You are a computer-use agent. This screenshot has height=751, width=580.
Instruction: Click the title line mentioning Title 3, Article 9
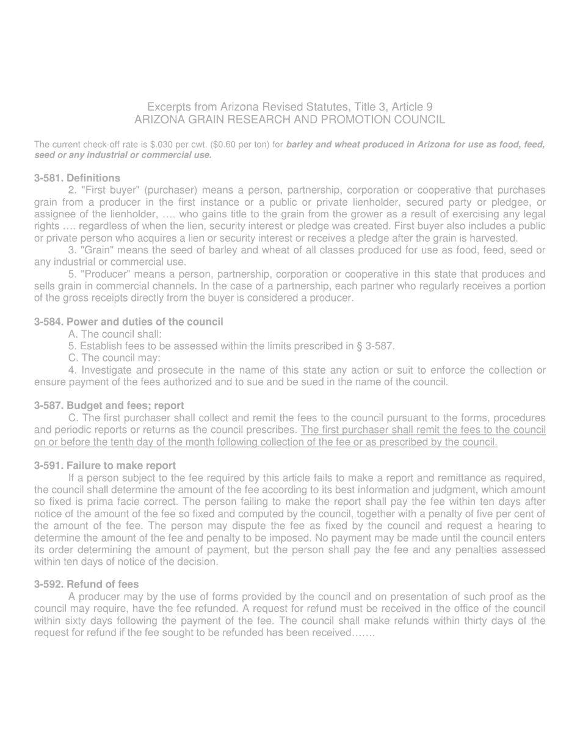click(x=290, y=107)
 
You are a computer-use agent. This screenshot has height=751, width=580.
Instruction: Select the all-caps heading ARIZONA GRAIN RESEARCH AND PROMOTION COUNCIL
click(x=290, y=120)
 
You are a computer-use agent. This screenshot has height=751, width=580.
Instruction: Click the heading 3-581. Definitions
click(x=77, y=178)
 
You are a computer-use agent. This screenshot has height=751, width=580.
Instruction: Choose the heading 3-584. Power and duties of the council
click(x=129, y=322)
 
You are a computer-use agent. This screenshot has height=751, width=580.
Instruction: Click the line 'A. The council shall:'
click(x=115, y=334)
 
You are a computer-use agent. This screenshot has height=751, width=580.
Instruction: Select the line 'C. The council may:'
click(x=115, y=358)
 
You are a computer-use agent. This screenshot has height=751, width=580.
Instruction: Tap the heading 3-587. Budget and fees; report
click(x=109, y=405)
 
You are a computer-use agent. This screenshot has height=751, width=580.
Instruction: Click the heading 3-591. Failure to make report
click(x=105, y=465)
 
